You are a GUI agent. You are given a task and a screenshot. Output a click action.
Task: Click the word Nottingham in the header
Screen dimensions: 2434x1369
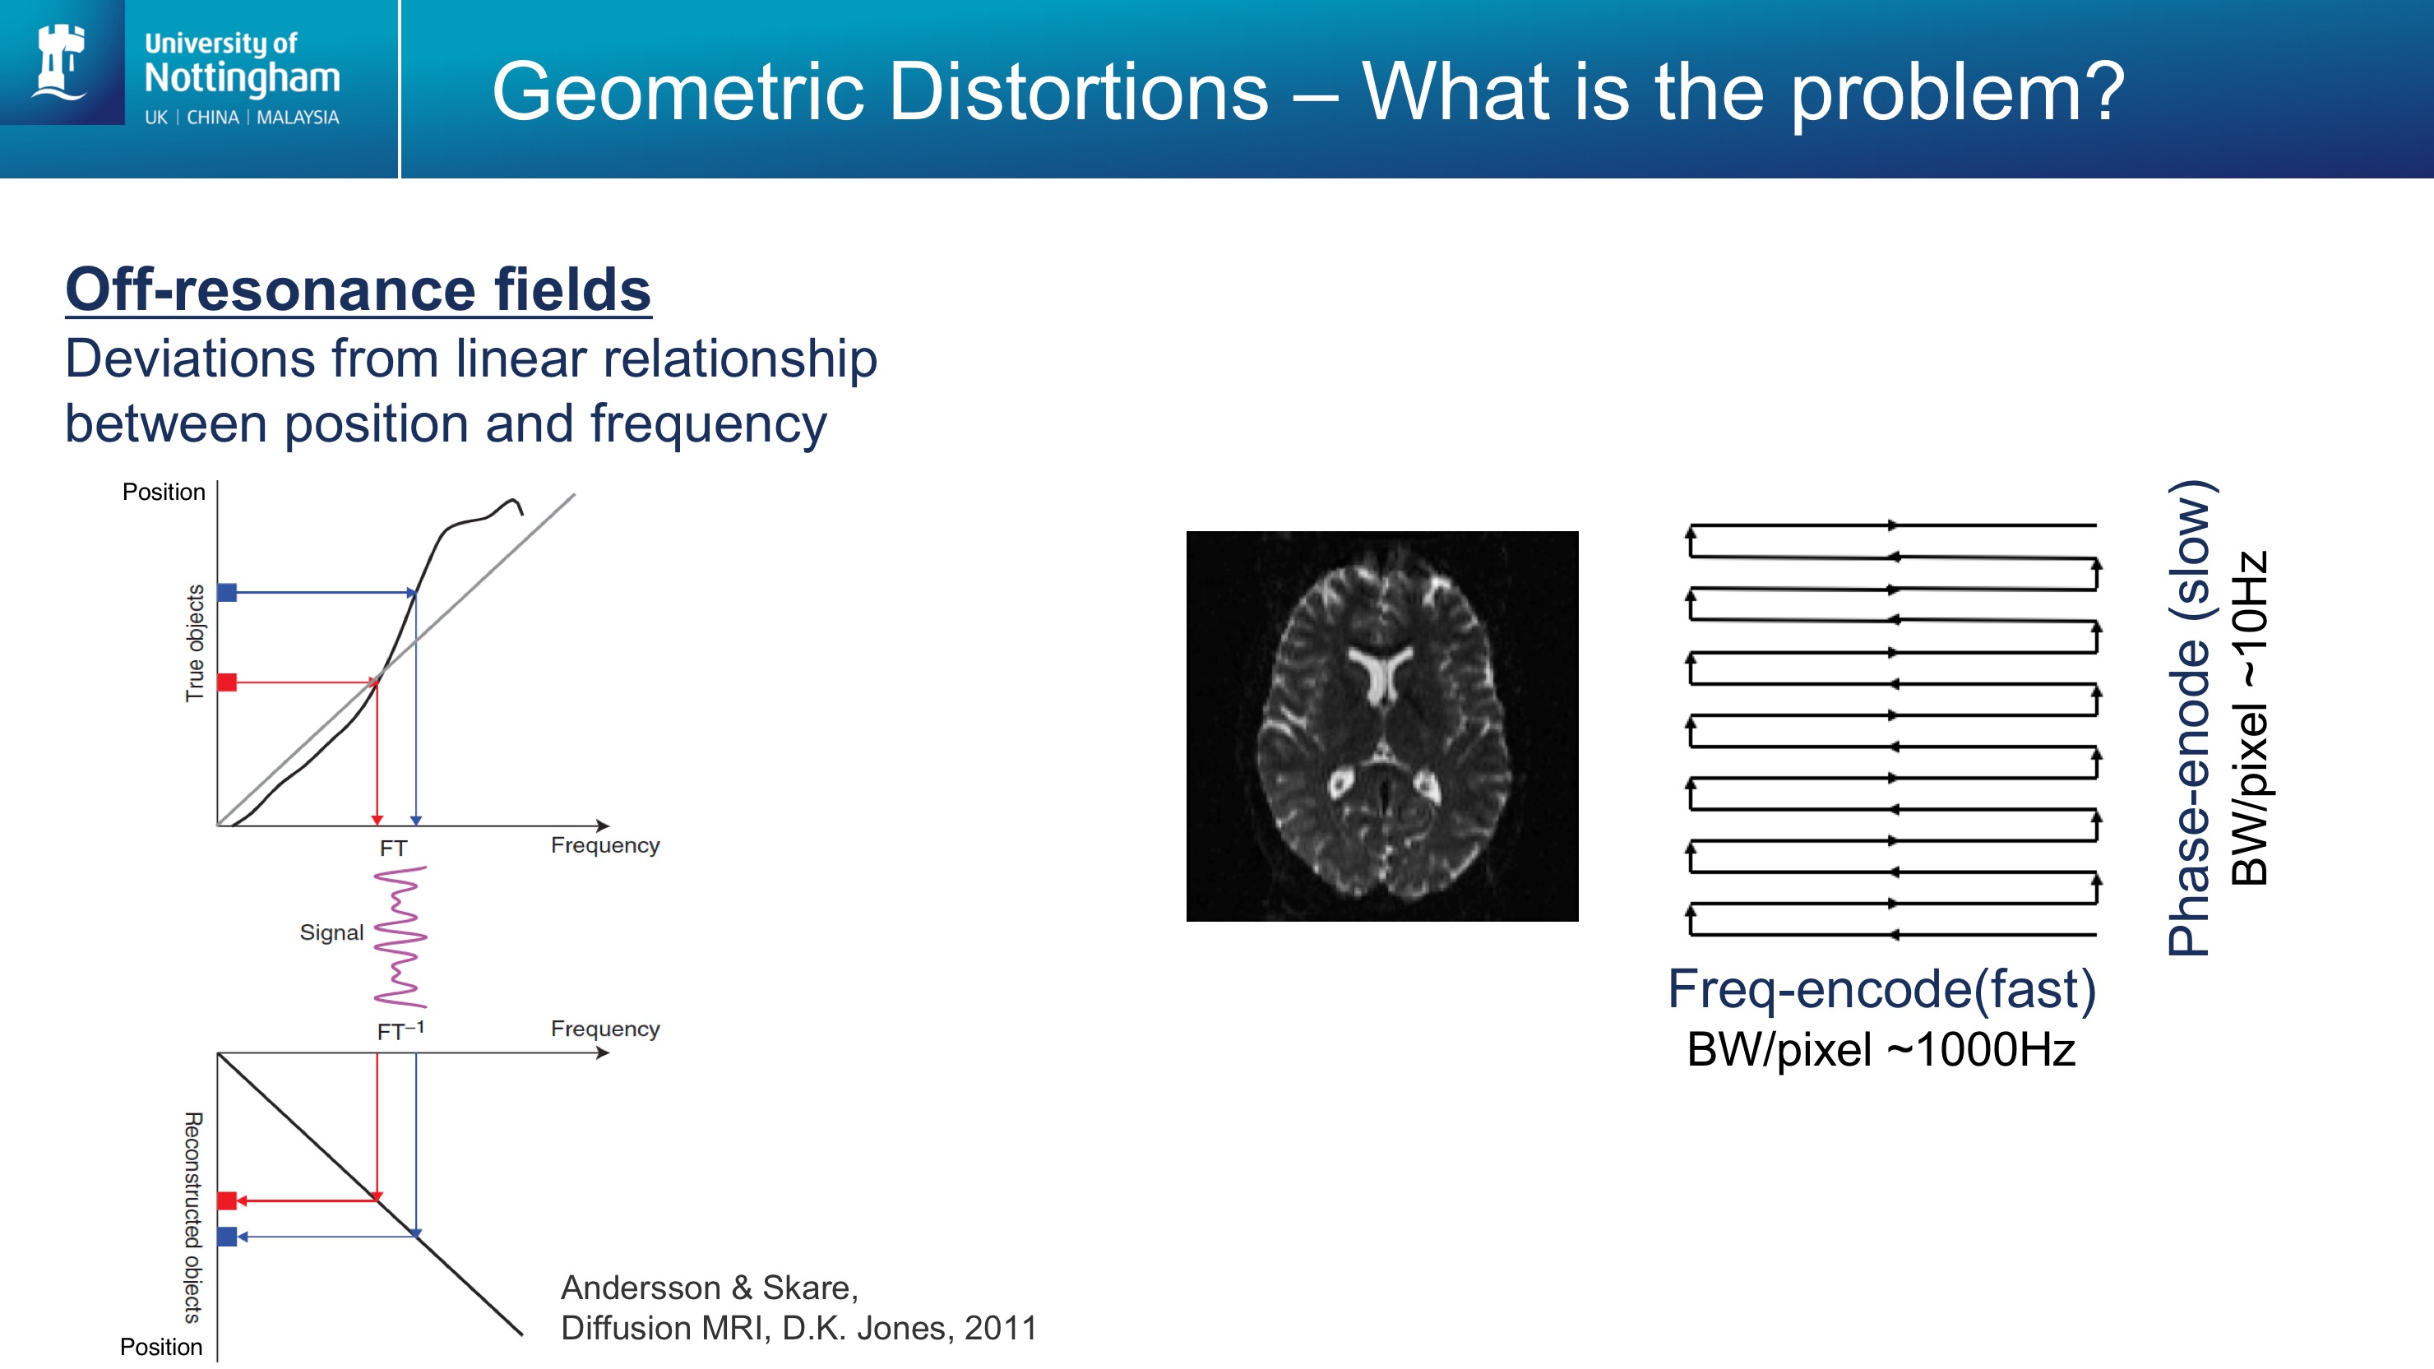[242, 77]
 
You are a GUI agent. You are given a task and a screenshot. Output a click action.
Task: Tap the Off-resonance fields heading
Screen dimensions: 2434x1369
[358, 289]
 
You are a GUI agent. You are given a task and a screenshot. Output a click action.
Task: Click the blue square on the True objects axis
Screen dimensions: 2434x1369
[227, 592]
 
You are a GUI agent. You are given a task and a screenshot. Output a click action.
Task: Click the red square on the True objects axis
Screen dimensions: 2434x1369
[227, 682]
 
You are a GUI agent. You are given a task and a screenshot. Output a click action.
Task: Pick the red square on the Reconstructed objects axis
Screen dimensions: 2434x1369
[227, 1200]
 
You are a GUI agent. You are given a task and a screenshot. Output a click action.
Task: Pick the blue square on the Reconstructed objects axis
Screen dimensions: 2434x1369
[227, 1236]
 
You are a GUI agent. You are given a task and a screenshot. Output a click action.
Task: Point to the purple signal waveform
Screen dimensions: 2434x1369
[400, 937]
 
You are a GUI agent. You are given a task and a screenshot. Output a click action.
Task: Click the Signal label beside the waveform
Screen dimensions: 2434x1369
[331, 932]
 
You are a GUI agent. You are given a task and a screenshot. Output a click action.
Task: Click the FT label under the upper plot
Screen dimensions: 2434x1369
[393, 849]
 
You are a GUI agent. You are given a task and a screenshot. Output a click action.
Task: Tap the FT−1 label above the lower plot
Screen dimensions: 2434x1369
[400, 1029]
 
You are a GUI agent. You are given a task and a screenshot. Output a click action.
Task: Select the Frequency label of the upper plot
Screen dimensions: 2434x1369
[604, 844]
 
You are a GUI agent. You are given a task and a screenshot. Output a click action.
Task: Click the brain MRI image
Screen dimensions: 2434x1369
[1381, 725]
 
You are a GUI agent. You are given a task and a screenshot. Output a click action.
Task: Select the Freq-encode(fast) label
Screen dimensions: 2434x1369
[1881, 989]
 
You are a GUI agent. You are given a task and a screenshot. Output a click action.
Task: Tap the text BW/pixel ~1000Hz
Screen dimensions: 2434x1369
[1881, 1050]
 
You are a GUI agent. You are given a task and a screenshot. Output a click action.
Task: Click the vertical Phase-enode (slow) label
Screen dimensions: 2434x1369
[2188, 718]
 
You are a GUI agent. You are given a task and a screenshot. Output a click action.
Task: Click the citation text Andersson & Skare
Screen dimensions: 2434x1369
[710, 1287]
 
